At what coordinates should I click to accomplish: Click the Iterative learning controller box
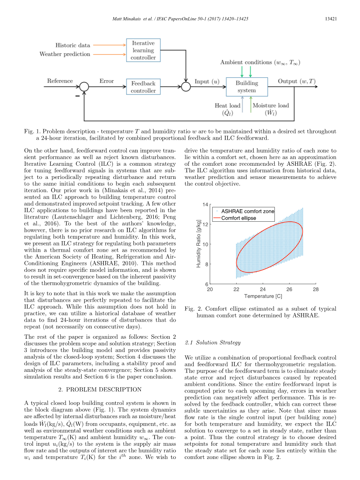click(x=143, y=50)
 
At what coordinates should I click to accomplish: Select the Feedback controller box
click(x=143, y=87)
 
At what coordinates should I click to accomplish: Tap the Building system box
click(x=247, y=87)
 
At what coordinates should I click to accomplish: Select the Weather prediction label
click(x=65, y=54)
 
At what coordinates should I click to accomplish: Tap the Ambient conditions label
click(x=260, y=62)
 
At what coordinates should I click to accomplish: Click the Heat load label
click(x=228, y=109)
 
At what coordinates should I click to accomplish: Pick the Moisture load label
click(x=271, y=109)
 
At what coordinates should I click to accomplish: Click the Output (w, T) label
click(x=297, y=81)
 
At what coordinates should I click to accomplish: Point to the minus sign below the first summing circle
click(x=77, y=95)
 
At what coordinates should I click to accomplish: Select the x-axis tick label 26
click(x=289, y=289)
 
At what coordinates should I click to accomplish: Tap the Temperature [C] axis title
click(x=263, y=296)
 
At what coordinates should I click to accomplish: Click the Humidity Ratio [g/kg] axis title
click(x=199, y=244)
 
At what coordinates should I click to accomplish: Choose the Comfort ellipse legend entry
click(x=239, y=218)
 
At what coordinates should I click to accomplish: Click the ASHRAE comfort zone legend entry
click(x=248, y=211)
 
